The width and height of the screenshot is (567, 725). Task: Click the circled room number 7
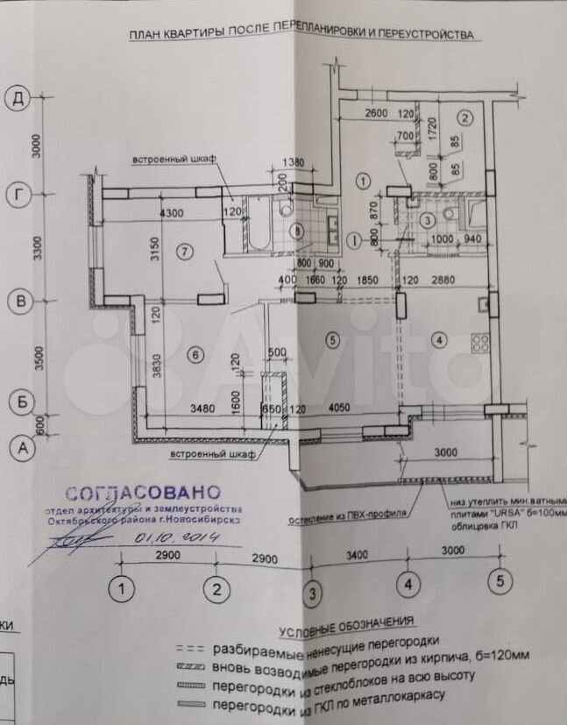pyautogui.click(x=182, y=252)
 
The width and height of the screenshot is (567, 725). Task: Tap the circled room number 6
pyautogui.click(x=195, y=355)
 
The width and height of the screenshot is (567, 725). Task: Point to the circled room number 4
pyautogui.click(x=439, y=339)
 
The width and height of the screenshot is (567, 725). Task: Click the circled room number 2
pyautogui.click(x=466, y=116)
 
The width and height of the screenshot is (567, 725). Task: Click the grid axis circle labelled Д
pyautogui.click(x=17, y=98)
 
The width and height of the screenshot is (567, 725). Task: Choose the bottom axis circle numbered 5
pyautogui.click(x=500, y=579)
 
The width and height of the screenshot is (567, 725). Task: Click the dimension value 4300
pyautogui.click(x=171, y=211)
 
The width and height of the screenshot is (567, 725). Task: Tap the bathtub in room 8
pyautogui.click(x=259, y=230)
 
